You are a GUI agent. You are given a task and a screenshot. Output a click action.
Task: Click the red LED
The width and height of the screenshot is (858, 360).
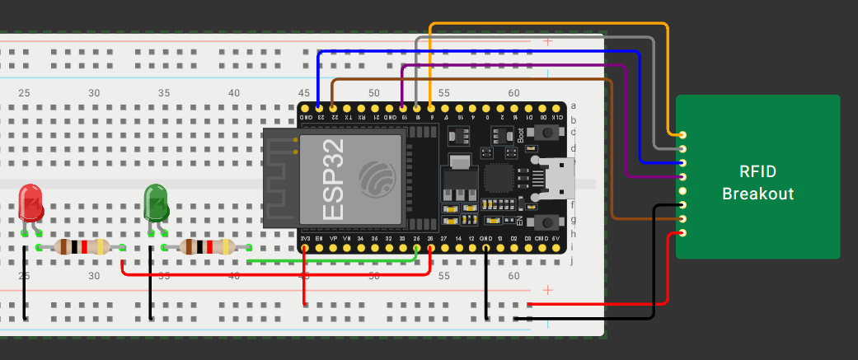click(30, 203)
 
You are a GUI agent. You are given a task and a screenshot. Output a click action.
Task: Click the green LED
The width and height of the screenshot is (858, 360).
click(156, 203)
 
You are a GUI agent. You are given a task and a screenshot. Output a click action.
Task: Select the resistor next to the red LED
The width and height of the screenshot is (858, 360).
click(81, 246)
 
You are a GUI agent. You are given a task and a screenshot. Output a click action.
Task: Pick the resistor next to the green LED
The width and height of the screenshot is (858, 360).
click(207, 246)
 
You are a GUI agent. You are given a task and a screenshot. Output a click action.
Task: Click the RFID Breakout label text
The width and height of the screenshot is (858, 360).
click(757, 183)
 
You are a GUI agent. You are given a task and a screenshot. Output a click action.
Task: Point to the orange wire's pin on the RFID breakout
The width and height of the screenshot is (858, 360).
click(682, 134)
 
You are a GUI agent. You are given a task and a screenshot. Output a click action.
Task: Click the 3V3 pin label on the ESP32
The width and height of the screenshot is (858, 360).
click(306, 239)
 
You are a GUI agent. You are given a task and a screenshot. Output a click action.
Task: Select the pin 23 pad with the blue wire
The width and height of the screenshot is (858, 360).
click(319, 108)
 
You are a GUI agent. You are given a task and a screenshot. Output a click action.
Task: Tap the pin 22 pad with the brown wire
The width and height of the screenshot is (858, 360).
click(333, 108)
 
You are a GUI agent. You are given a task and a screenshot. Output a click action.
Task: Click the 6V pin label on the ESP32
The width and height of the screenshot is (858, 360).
click(556, 239)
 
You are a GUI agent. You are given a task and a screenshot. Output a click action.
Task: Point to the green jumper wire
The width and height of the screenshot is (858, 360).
click(330, 261)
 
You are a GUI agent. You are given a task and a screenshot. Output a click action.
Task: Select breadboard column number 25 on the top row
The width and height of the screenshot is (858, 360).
click(24, 93)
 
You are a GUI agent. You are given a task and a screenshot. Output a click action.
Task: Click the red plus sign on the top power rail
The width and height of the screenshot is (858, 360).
click(547, 41)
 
